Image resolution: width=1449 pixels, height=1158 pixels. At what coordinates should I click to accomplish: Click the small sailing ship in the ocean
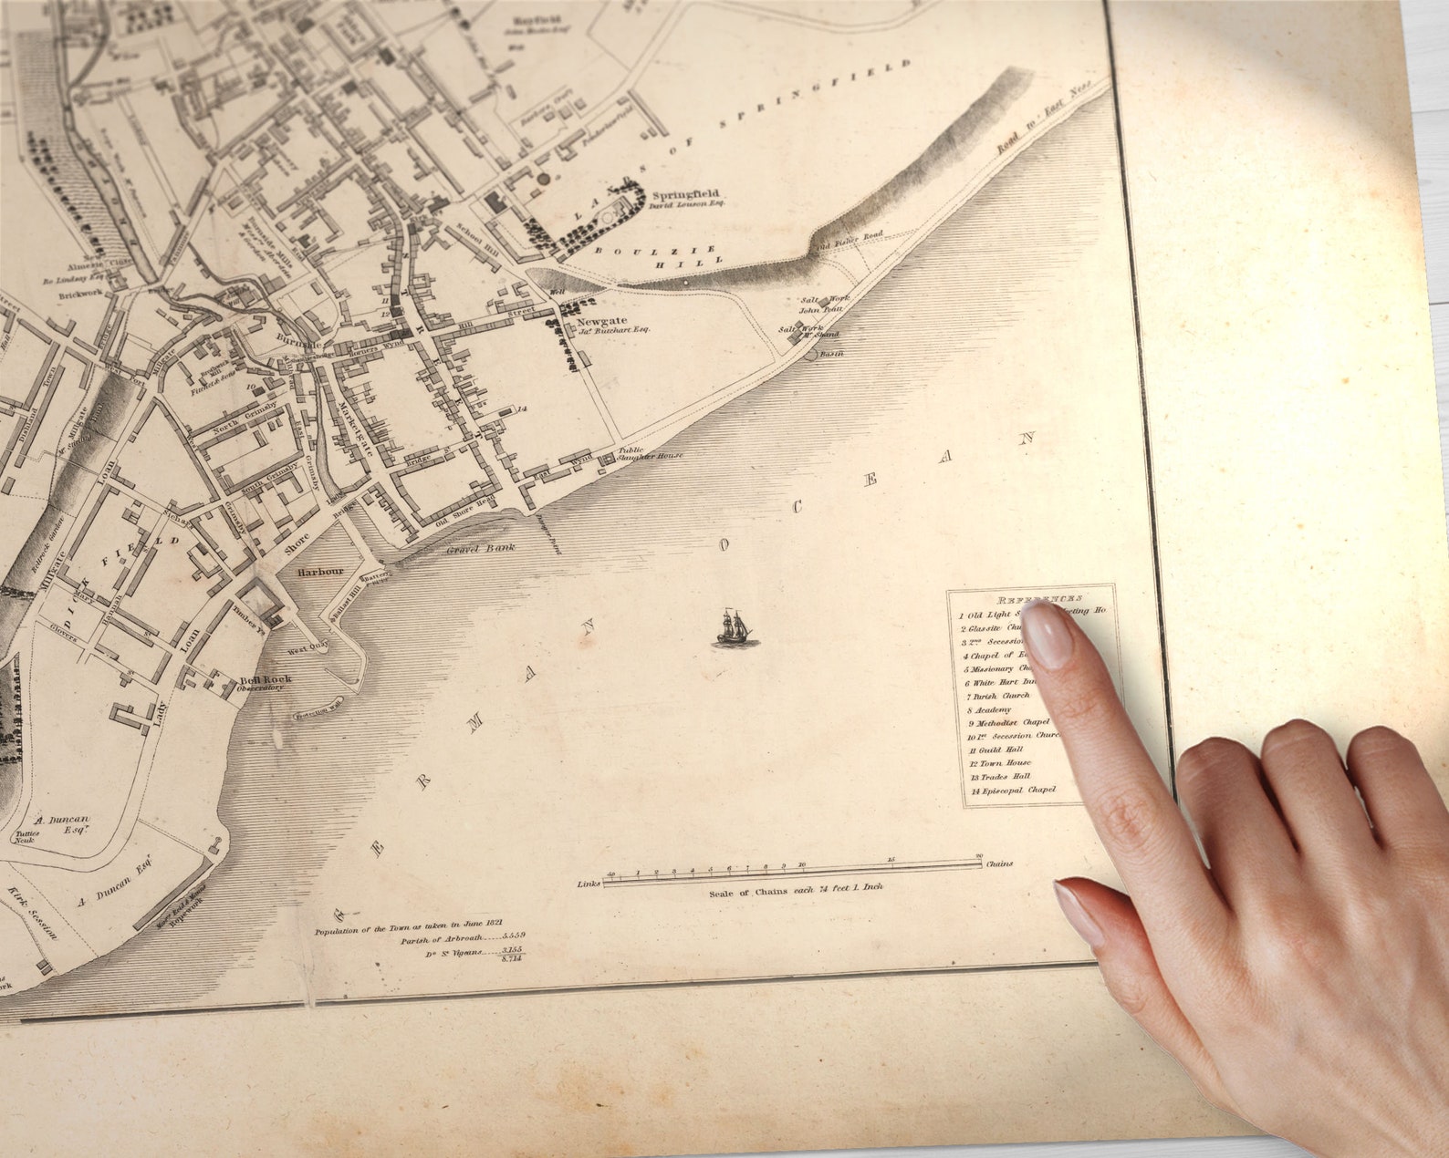click(735, 629)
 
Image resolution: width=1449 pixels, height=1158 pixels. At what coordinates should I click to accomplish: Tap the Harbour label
click(321, 573)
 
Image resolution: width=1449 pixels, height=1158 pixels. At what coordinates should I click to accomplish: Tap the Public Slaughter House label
click(650, 454)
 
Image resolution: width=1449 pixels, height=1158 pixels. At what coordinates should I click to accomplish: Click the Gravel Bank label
click(481, 549)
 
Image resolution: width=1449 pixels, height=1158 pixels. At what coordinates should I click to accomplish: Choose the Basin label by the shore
click(830, 354)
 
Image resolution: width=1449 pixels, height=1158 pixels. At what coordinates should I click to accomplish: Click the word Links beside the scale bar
click(589, 884)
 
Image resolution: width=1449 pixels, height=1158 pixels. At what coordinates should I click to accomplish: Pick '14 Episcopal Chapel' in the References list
click(1013, 791)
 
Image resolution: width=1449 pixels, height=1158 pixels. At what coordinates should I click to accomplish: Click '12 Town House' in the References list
click(1000, 763)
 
